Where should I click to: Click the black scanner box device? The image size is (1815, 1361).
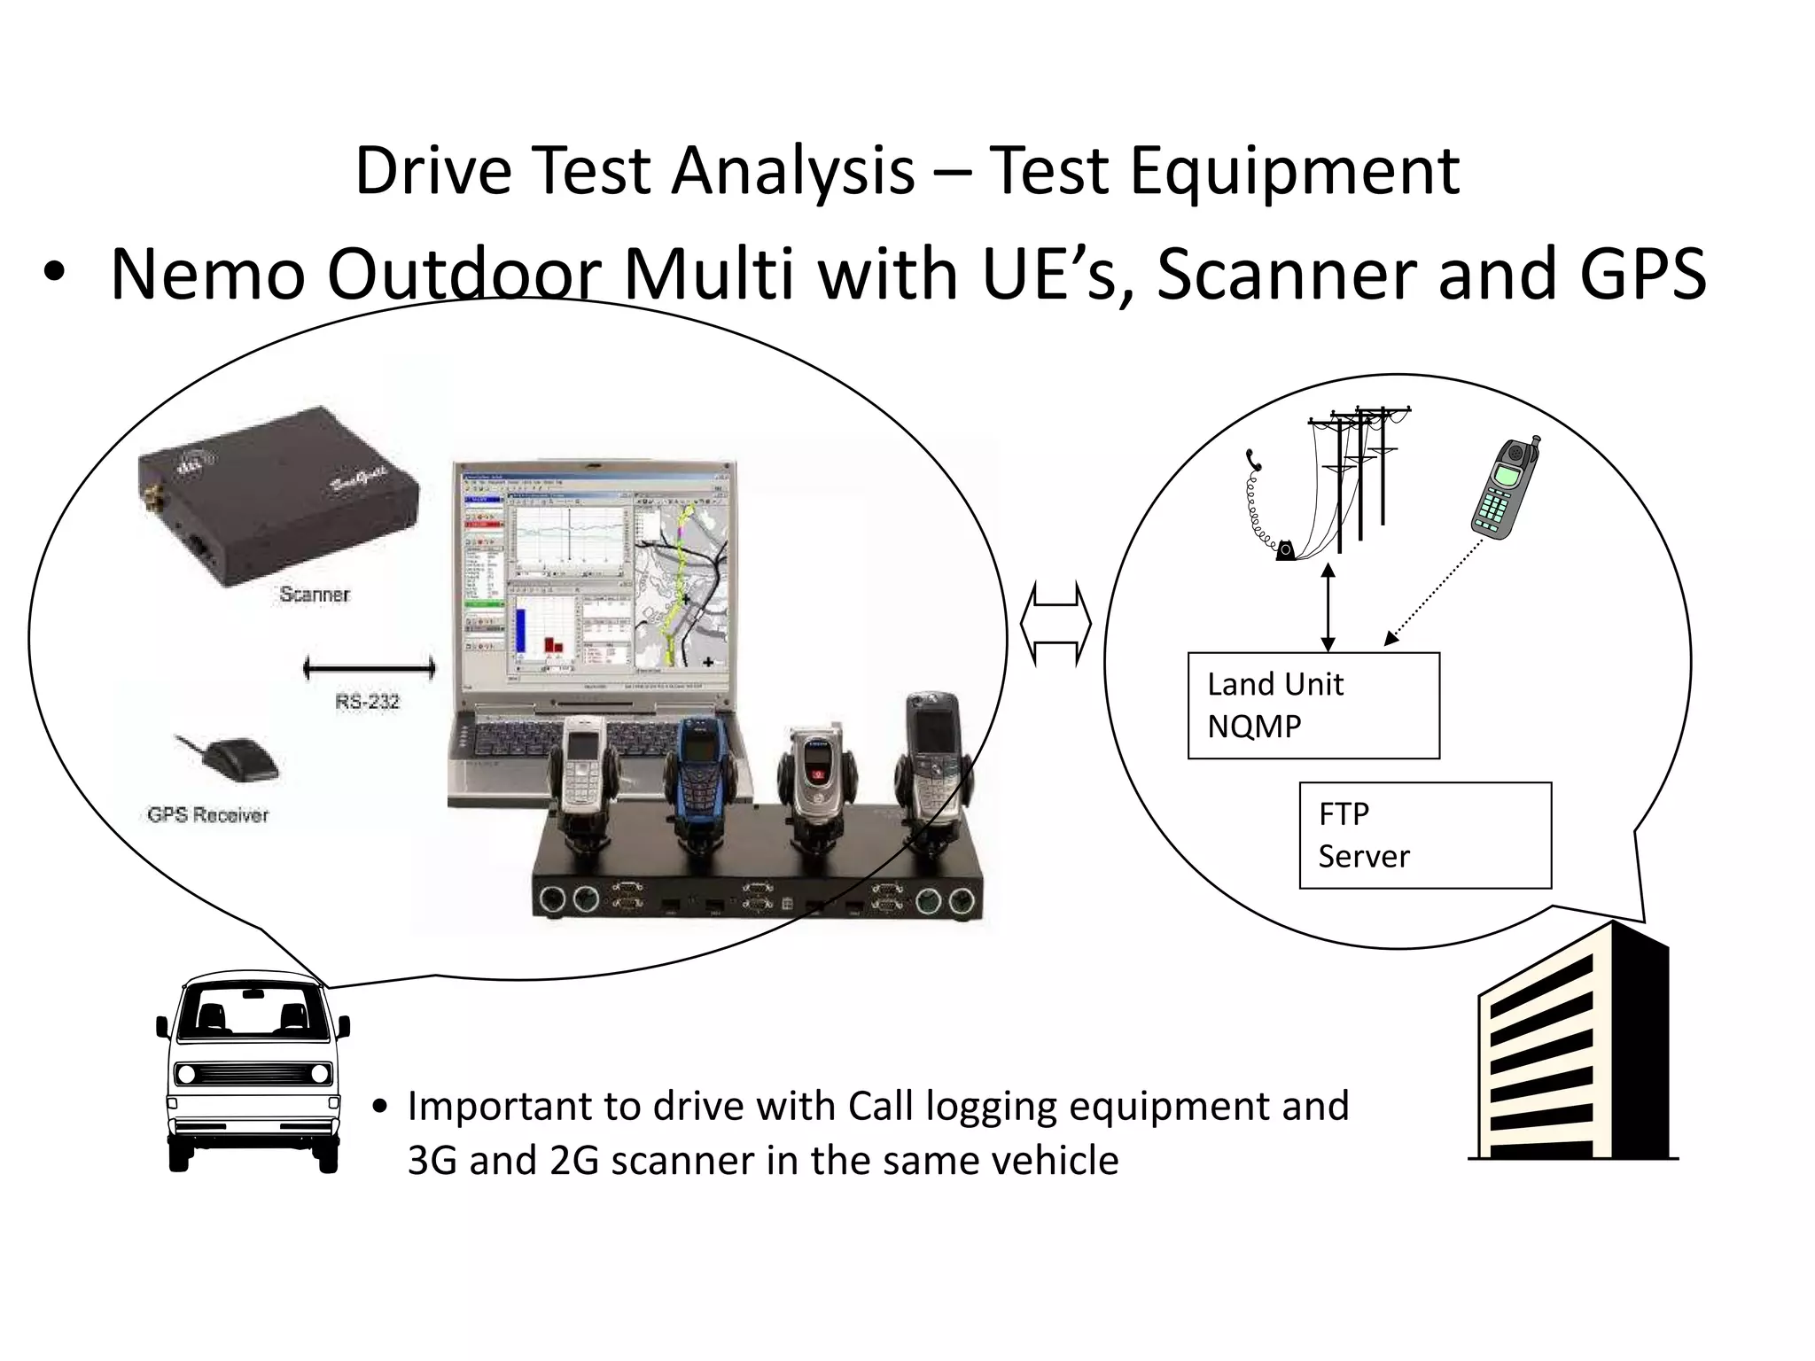pos(275,496)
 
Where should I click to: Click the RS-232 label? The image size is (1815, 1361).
pos(367,703)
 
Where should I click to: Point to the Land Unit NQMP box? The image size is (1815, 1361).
pos(1313,705)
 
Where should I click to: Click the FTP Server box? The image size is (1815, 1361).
pos(1425,835)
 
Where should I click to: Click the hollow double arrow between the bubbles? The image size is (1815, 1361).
pos(1056,624)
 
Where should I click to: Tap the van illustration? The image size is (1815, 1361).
pos(253,1071)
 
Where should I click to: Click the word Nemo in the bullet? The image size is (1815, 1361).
pos(207,275)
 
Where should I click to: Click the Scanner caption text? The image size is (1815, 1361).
pos(315,595)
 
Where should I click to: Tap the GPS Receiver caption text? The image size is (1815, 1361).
pos(207,815)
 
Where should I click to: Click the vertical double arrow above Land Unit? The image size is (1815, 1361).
pos(1328,608)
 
